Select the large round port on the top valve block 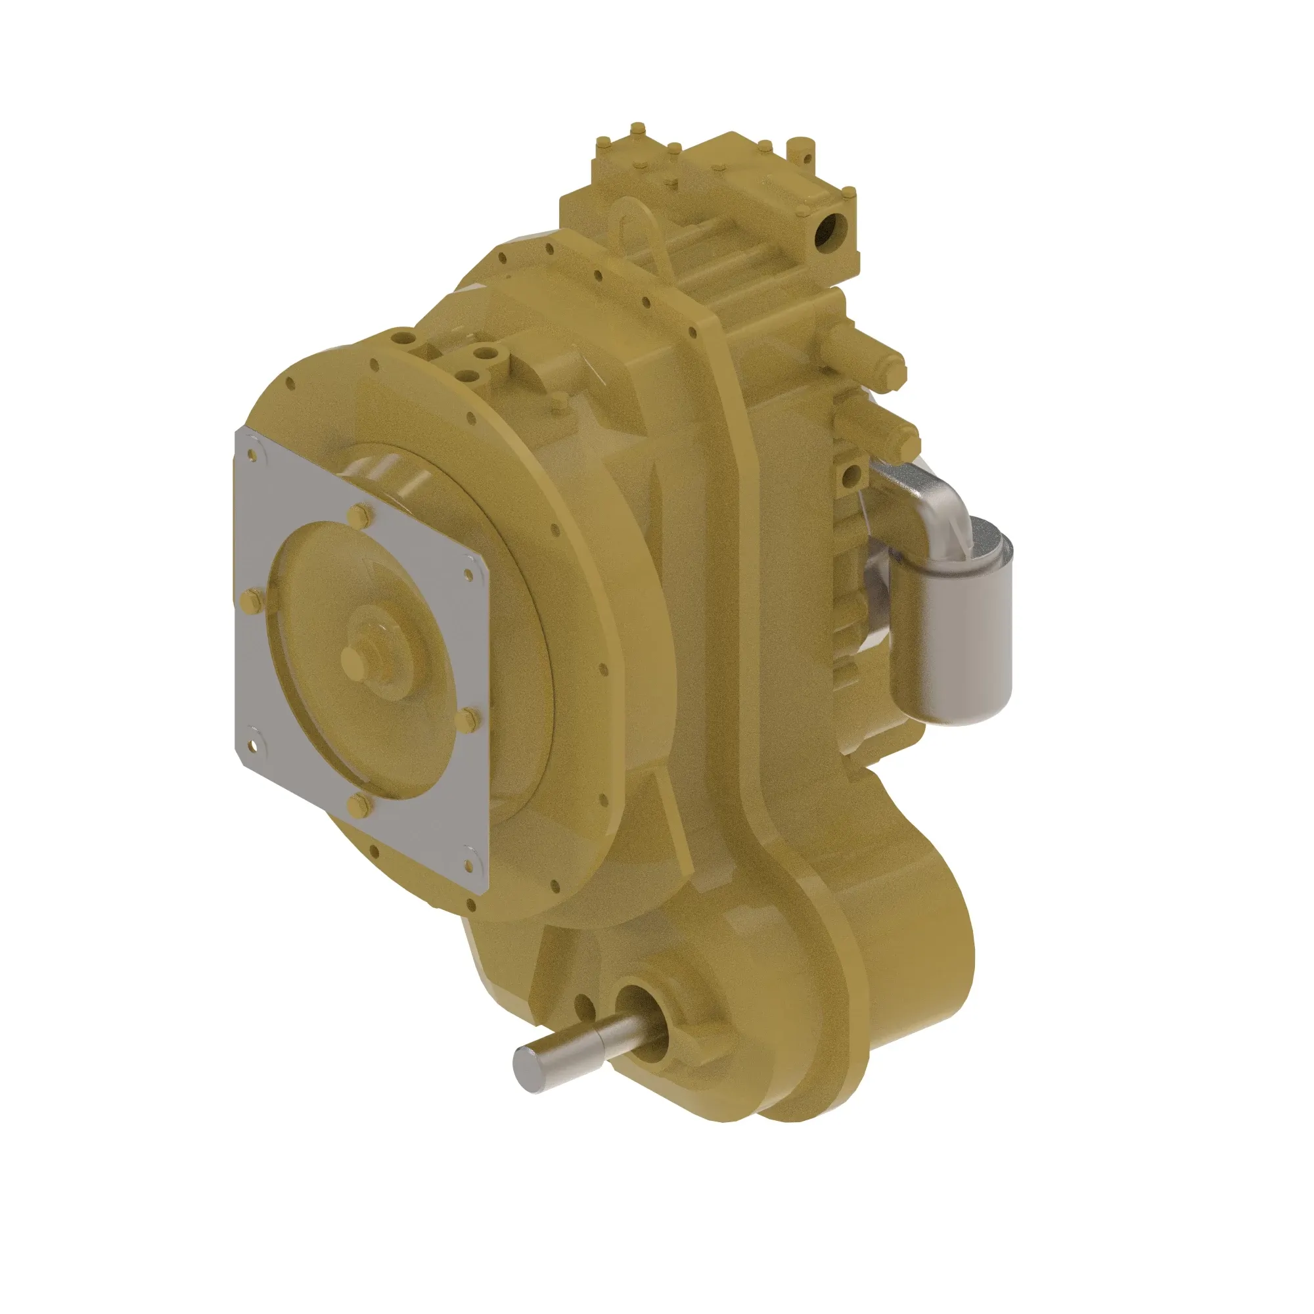tap(830, 233)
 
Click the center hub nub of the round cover tap(353, 657)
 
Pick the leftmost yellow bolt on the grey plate tap(248, 600)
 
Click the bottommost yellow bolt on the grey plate tap(358, 807)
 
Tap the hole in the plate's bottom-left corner tap(254, 746)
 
